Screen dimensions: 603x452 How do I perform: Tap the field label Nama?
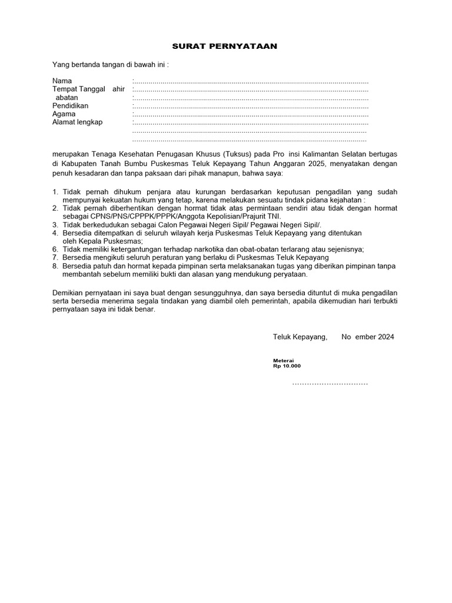[x=62, y=81]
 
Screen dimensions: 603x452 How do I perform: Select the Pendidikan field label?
[x=70, y=105]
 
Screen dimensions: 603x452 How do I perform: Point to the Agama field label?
[x=64, y=114]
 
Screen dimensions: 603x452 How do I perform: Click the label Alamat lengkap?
[x=78, y=122]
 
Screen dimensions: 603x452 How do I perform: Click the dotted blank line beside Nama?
[x=251, y=81]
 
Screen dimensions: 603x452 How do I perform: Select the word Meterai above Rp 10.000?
[x=283, y=360]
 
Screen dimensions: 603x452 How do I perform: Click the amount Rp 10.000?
[x=287, y=366]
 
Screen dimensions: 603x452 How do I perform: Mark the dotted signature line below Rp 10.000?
[x=330, y=383]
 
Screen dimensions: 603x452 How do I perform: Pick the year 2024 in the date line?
[x=386, y=337]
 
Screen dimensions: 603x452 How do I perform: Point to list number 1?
[x=55, y=192]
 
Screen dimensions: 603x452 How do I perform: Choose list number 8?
[x=55, y=266]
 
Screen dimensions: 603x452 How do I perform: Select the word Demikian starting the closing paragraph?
[x=68, y=292]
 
